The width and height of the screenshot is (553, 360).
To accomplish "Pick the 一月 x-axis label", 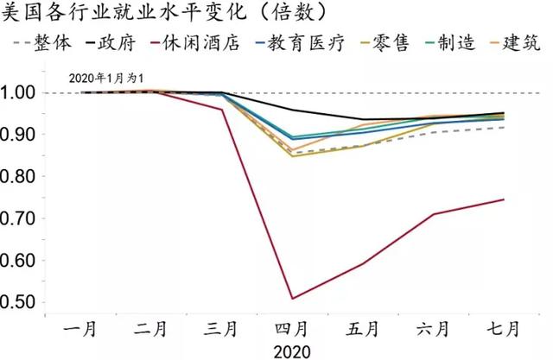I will click(x=82, y=329).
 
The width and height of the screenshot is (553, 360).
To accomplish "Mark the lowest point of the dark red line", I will click(x=292, y=299).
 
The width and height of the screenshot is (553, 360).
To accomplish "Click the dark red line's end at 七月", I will click(x=504, y=199).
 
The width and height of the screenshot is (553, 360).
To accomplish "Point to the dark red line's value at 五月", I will click(x=363, y=263).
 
